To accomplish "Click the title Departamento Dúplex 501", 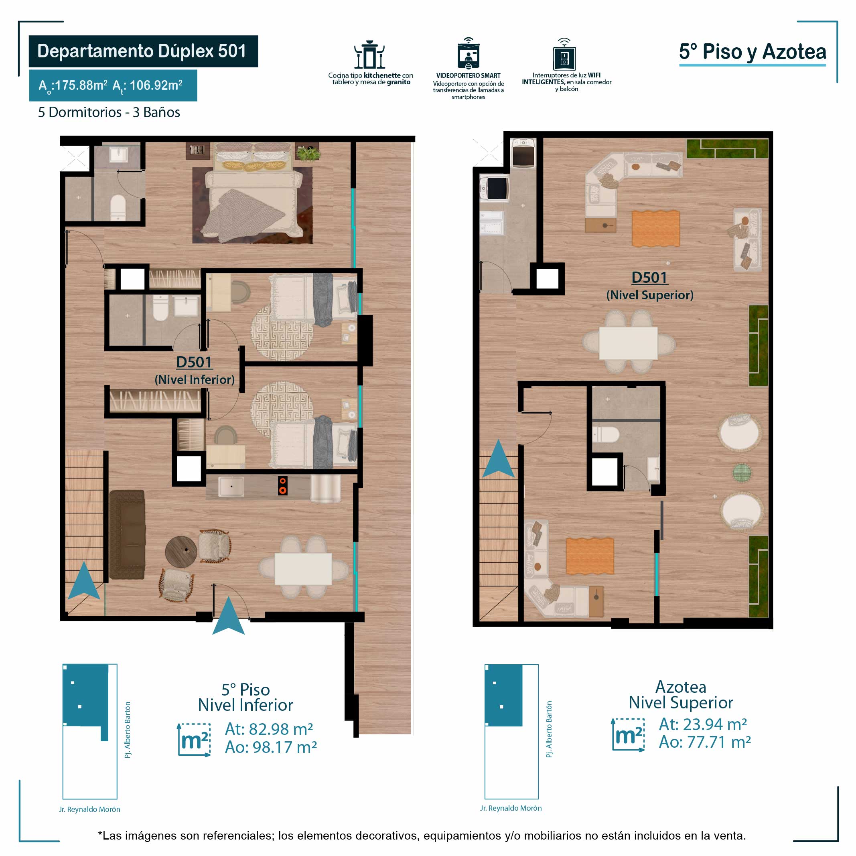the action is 142,51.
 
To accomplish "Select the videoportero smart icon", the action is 469,54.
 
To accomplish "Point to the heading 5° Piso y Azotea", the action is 753,52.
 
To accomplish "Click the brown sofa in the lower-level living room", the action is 127,534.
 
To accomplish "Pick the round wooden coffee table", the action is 181,552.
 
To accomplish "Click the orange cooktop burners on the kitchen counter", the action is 282,486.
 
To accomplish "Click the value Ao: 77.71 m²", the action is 705,742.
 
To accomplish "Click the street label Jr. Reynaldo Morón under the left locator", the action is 89,809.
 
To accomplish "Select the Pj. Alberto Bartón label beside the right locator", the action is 550,729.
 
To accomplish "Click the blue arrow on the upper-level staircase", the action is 499,459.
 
